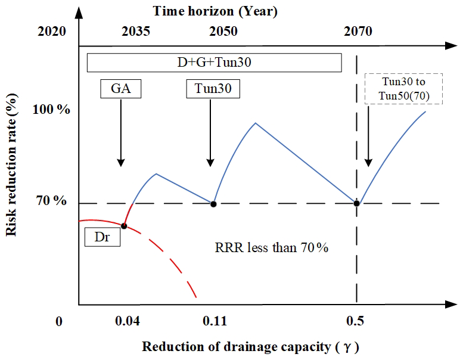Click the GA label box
click(x=120, y=89)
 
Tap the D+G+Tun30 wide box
click(x=214, y=62)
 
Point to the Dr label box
click(x=102, y=237)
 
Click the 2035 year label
click(x=136, y=32)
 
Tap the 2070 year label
click(x=358, y=32)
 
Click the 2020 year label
click(x=52, y=32)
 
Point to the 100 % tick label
click(x=51, y=111)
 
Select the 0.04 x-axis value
click(x=127, y=322)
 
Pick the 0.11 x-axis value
click(x=213, y=322)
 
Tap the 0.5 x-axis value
click(x=356, y=322)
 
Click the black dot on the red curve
click(x=124, y=225)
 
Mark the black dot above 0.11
click(x=213, y=204)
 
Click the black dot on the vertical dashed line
click(x=356, y=203)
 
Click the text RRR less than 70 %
click(x=271, y=247)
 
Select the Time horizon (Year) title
click(x=215, y=10)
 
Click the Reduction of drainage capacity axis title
click(x=250, y=347)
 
